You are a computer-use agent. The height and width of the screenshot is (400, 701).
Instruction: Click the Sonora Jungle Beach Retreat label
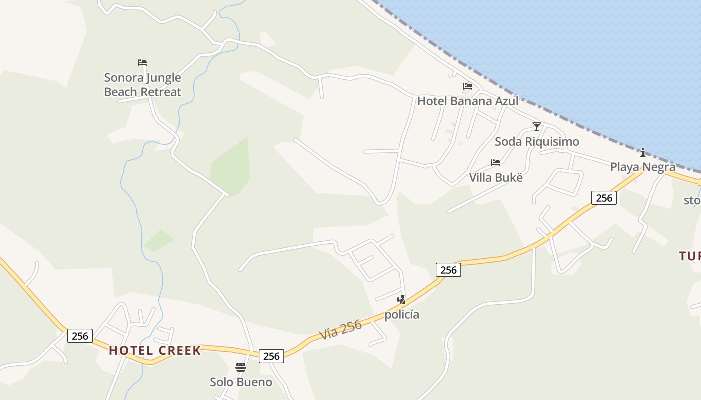142,85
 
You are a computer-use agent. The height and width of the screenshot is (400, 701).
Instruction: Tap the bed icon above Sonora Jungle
142,63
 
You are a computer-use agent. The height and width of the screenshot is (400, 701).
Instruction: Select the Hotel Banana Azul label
468,101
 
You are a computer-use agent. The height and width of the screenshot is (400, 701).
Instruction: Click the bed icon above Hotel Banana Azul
468,86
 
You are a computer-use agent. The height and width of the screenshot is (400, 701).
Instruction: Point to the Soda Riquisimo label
537,141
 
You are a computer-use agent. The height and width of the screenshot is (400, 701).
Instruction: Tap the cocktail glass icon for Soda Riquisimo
537,127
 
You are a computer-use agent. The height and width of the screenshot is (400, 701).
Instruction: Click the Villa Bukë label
496,177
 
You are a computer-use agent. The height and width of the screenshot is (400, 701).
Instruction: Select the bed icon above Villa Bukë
496,163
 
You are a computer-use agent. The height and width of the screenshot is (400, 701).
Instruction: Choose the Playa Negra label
643,167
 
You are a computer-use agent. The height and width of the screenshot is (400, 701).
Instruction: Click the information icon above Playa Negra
643,152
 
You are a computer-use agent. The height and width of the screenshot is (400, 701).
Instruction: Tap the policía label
402,315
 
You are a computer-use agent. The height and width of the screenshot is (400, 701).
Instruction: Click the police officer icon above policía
401,300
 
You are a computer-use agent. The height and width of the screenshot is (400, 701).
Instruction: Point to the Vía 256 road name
340,330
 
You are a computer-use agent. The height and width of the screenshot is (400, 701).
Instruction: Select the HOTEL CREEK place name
155,350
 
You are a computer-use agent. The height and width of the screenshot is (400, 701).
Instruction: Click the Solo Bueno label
241,382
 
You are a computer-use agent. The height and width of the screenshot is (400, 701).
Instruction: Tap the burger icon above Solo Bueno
241,367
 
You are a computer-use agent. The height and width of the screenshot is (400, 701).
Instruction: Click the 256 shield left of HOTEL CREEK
80,336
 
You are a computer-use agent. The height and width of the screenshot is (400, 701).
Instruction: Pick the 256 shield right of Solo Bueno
271,356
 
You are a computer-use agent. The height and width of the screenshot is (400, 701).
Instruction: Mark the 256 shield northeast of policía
448,270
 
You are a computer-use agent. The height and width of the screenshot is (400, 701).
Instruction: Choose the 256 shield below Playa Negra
604,198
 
